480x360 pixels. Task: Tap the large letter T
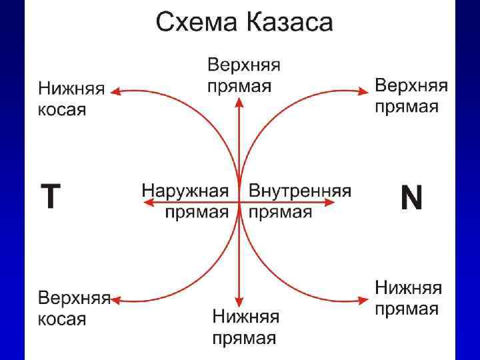[x=51, y=197]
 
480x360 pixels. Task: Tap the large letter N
[x=411, y=198]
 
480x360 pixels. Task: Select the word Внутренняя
[x=300, y=190]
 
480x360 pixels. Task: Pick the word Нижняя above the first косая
[x=71, y=89]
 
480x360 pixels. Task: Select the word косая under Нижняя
[x=62, y=109]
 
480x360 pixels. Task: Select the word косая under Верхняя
[x=62, y=319]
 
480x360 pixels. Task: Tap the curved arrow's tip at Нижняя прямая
[x=365, y=301]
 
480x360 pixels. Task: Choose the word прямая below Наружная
[x=197, y=212]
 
